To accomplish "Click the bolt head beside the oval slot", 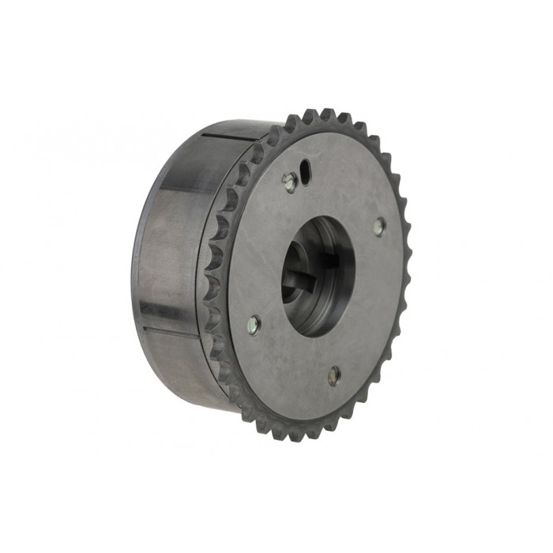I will tap(290, 182).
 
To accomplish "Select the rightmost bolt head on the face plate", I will tap(380, 227).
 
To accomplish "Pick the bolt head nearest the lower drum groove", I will tap(253, 323).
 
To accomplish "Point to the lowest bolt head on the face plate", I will tap(335, 375).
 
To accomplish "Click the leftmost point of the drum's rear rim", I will tap(136, 261).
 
